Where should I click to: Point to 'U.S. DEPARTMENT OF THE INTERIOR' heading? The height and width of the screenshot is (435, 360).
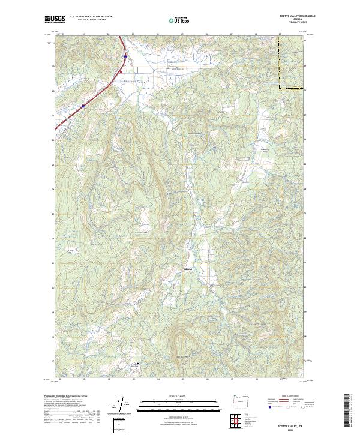click(90, 16)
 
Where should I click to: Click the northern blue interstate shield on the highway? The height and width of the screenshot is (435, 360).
click(125, 57)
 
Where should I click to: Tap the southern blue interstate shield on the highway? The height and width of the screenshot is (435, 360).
click(83, 105)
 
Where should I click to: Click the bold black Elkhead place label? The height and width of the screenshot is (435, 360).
click(188, 269)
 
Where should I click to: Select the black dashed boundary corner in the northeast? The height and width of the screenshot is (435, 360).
click(280, 88)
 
